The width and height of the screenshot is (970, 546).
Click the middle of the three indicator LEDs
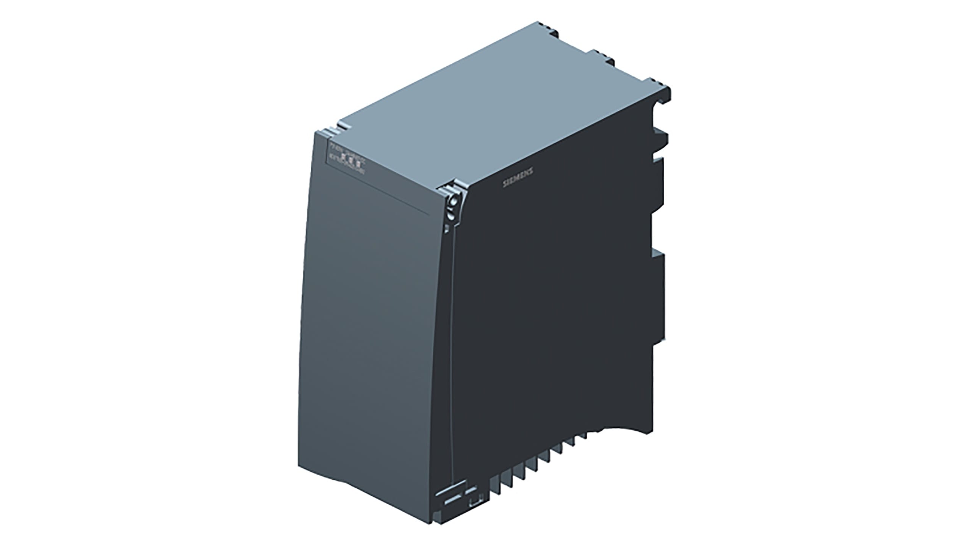(350, 159)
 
